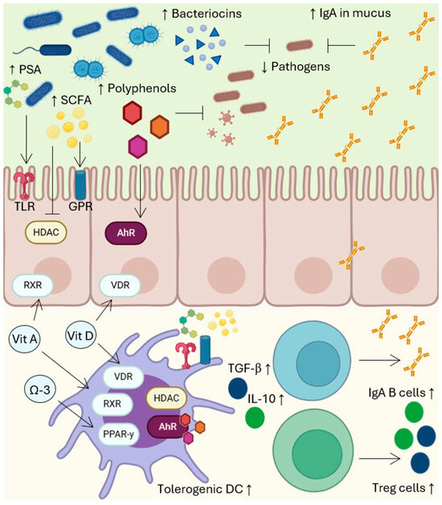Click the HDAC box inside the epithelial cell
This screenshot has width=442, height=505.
[49, 230]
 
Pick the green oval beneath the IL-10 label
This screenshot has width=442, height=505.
[254, 419]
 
